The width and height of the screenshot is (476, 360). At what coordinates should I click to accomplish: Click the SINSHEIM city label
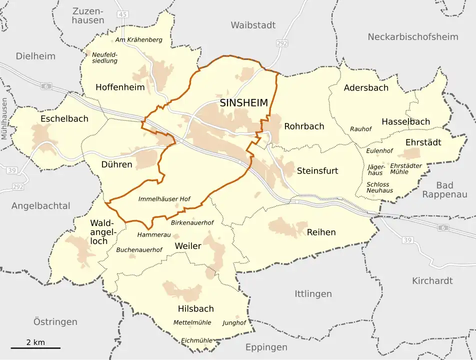pos(243,103)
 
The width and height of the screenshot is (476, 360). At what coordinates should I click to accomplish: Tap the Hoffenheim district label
pos(120,87)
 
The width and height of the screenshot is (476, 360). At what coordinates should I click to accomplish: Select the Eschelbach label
pos(64,118)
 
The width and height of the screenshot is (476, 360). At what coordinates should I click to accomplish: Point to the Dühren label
pos(116,164)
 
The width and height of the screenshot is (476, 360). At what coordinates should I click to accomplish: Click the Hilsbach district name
pos(195,308)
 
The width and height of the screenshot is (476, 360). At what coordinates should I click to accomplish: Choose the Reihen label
pos(321,232)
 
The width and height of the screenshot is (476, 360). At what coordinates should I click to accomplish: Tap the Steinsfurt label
pos(317,170)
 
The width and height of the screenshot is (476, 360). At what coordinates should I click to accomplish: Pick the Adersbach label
pos(366,88)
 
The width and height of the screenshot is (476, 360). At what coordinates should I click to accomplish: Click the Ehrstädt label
pos(423,142)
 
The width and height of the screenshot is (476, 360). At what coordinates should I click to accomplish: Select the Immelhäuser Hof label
pos(164,199)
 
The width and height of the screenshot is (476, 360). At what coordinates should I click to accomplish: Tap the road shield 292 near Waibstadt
pos(282,43)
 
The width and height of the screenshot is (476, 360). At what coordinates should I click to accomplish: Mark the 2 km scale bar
pos(35,347)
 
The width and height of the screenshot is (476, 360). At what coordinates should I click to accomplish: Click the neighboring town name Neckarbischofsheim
pos(412,36)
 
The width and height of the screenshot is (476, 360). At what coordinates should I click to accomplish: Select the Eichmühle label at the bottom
pos(196,340)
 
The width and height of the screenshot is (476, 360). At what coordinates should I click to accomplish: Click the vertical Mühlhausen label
pos(5,118)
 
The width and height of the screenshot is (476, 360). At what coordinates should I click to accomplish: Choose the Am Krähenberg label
pos(138,39)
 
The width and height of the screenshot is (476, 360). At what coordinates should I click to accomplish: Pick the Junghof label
pos(234,322)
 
